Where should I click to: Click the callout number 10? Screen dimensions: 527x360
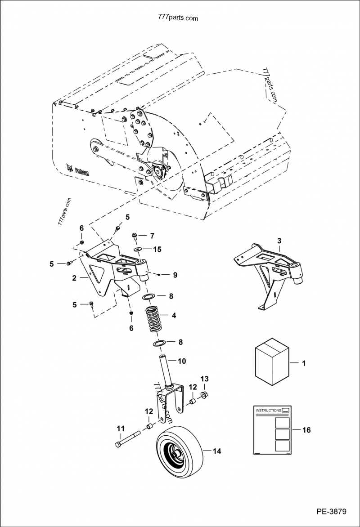(182, 361)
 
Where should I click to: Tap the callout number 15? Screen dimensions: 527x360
(157, 249)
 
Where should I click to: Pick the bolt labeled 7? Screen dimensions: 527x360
(135, 235)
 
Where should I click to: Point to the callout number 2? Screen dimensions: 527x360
(74, 278)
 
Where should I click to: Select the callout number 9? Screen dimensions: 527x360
(175, 274)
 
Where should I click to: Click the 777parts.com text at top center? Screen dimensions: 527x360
(179, 18)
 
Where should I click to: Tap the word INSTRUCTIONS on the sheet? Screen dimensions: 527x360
(268, 411)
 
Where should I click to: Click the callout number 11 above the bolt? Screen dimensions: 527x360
(121, 429)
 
